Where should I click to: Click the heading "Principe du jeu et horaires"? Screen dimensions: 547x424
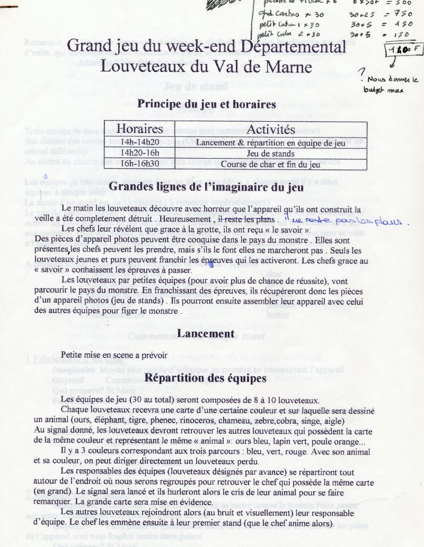click(207, 104)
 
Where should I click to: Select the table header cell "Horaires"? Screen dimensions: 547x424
click(139, 129)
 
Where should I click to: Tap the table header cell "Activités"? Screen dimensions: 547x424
click(270, 129)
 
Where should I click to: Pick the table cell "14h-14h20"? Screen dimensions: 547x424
click(139, 142)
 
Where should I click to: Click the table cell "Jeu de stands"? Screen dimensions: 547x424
click(270, 153)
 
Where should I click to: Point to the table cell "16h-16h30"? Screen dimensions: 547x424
click(139, 164)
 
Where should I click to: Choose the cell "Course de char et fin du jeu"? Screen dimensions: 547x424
click(270, 164)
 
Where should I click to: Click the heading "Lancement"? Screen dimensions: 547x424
click(206, 333)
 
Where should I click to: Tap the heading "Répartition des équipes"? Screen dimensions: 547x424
click(206, 378)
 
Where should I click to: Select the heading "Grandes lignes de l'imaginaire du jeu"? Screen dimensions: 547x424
click(206, 186)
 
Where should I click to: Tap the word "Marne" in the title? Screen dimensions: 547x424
click(288, 67)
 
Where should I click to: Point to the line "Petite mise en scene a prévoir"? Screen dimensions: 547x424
click(114, 355)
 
